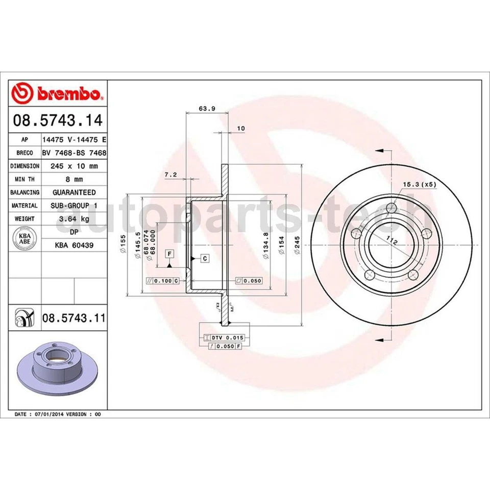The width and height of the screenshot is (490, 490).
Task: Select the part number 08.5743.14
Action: point(58,121)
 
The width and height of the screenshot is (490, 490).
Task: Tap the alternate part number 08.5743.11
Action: point(73,318)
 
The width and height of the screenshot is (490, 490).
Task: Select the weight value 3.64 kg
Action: point(75,218)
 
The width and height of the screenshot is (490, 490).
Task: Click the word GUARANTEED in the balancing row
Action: point(75,192)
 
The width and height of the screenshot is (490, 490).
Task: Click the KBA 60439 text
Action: point(75,245)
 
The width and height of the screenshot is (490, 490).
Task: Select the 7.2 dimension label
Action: point(170,175)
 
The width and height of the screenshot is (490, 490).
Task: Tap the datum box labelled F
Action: point(169,254)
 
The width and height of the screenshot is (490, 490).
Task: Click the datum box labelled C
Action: point(204,258)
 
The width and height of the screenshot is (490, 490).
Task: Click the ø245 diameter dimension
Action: point(296,248)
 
